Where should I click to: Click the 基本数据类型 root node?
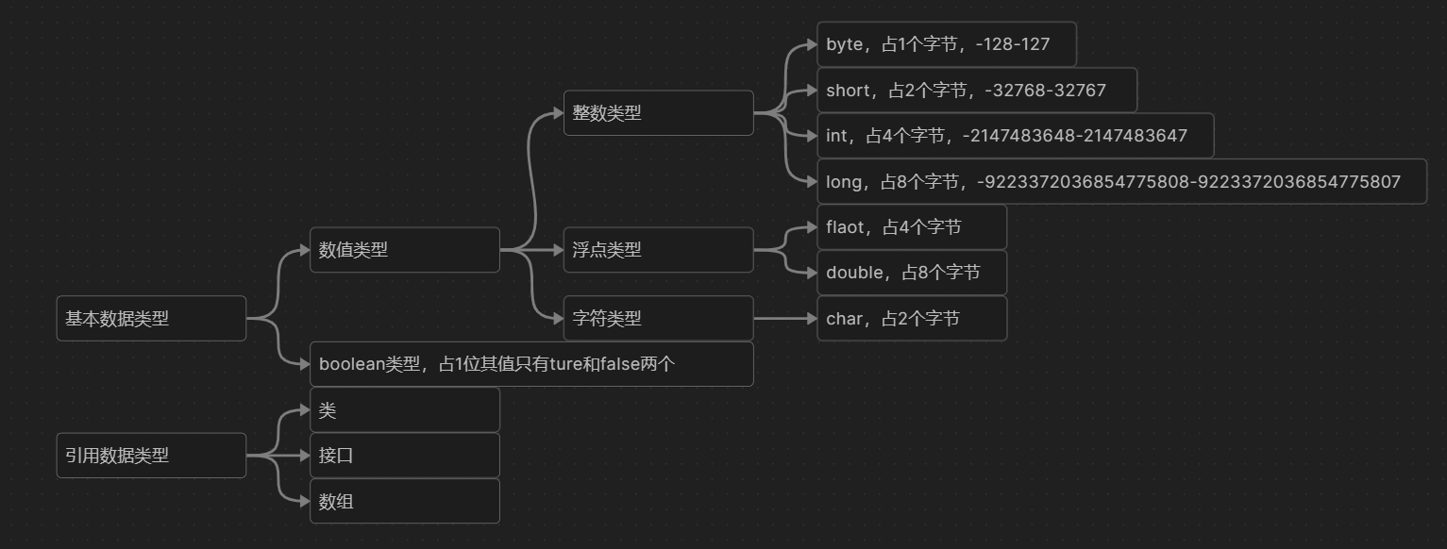pyautogui.click(x=151, y=319)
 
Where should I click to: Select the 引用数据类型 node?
pyautogui.click(x=151, y=456)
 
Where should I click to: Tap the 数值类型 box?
pyautogui.click(x=404, y=250)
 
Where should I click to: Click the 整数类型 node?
pyautogui.click(x=658, y=113)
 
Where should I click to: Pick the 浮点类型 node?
pyautogui.click(x=658, y=250)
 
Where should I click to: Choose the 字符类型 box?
pyautogui.click(x=658, y=319)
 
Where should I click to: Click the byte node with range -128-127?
pyautogui.click(x=946, y=44)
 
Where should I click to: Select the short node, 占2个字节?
pyautogui.click(x=976, y=91)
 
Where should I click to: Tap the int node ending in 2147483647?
pyautogui.click(x=1015, y=136)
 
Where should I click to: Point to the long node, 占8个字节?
pyautogui.click(x=1121, y=182)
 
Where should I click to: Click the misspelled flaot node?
pyautogui.click(x=911, y=227)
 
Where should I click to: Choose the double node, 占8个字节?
pyautogui.click(x=911, y=273)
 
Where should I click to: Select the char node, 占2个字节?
pyautogui.click(x=911, y=319)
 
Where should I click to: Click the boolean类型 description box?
pyautogui.click(x=531, y=364)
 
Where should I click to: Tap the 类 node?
pyautogui.click(x=404, y=410)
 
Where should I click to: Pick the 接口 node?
pyautogui.click(x=404, y=456)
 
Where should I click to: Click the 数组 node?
pyautogui.click(x=404, y=502)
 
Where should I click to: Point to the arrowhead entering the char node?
pyautogui.click(x=810, y=319)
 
